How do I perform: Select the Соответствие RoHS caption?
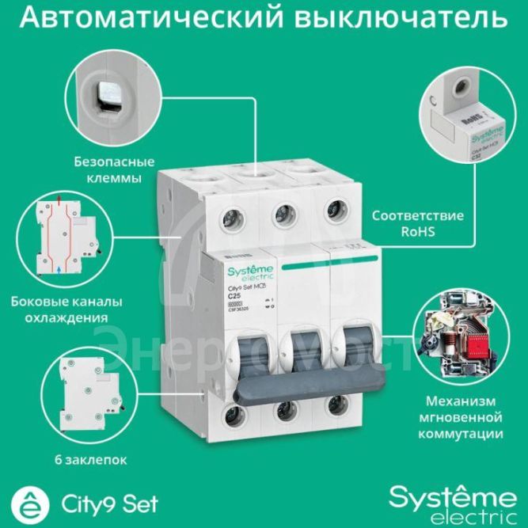pos(407,223)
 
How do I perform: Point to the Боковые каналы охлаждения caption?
pos(60,310)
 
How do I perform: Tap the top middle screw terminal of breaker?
pos(279,215)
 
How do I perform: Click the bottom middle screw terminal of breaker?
pos(282,412)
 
